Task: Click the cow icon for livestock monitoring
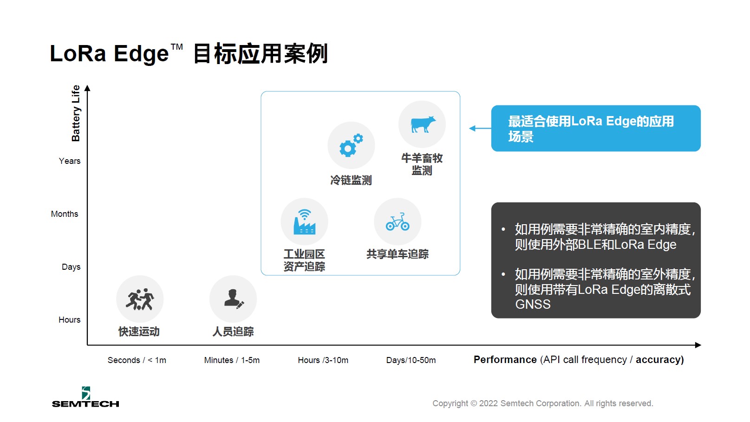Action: click(423, 124)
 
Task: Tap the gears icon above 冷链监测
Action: click(351, 145)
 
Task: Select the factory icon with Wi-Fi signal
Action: click(304, 222)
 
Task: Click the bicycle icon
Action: click(398, 222)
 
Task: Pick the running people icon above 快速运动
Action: click(140, 299)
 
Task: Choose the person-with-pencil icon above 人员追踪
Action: click(234, 299)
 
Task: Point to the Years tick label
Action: click(70, 161)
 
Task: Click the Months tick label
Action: click(65, 214)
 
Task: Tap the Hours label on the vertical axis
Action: click(69, 319)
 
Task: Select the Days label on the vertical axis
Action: click(71, 267)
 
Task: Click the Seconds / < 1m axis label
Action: click(137, 360)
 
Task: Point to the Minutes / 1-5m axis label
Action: click(232, 360)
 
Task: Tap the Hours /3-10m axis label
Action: click(323, 360)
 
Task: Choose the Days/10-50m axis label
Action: click(411, 360)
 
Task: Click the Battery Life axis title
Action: click(76, 113)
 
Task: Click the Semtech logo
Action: click(86, 397)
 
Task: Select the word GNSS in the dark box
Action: click(533, 304)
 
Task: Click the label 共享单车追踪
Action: click(398, 254)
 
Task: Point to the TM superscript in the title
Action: click(177, 47)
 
